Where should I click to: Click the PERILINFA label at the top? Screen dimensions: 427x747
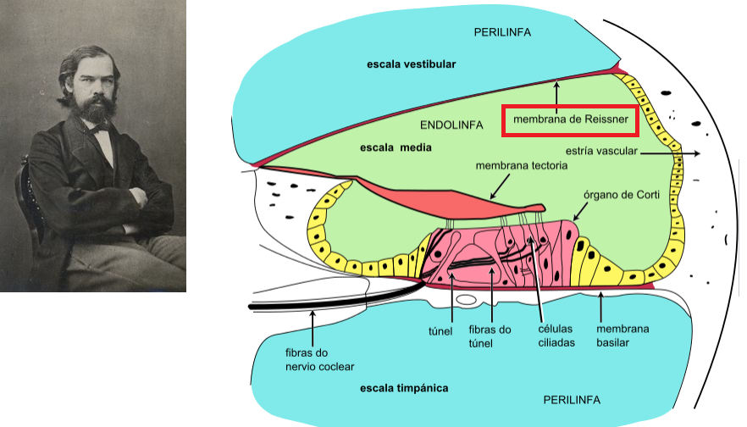pos(502,32)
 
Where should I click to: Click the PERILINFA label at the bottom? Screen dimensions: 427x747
pos(573,397)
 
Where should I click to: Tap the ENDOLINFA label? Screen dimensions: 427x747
pos(451,125)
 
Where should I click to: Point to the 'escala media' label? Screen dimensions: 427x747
pos(396,147)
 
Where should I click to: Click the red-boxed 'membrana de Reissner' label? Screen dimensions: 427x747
pos(567,120)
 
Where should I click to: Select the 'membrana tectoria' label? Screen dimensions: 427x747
pos(521,165)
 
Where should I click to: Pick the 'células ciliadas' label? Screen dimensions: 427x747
pos(556,335)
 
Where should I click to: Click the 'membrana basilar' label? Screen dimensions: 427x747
pos(623,335)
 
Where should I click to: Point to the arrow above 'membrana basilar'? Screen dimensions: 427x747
pos(601,304)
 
